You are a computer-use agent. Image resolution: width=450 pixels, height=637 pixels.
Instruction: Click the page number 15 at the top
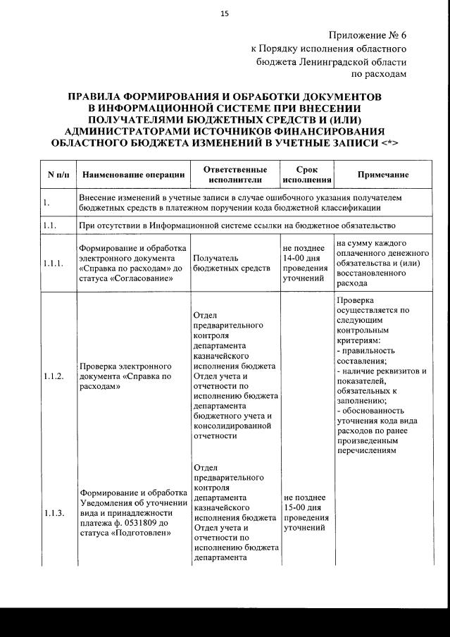225,13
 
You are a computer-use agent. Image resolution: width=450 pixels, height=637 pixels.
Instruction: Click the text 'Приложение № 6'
367,35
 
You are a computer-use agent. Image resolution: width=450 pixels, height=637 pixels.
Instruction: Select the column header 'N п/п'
56,175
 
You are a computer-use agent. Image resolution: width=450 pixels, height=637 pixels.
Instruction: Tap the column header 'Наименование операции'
133,175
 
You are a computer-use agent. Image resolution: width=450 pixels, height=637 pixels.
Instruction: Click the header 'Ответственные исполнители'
235,175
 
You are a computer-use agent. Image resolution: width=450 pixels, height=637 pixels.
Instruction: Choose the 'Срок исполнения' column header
306,175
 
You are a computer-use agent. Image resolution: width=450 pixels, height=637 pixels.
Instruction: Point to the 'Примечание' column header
383,175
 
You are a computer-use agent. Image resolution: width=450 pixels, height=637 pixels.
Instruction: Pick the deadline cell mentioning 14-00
305,264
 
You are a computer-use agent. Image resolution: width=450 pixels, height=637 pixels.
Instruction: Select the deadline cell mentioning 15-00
305,513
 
